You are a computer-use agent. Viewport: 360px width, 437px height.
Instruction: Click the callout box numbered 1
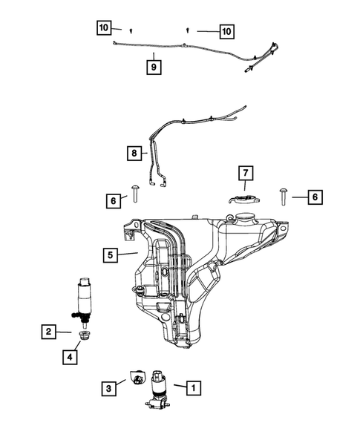[192, 387]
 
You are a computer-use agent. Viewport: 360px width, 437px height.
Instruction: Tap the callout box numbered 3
[109, 387]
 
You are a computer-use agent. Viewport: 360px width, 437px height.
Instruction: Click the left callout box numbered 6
[113, 200]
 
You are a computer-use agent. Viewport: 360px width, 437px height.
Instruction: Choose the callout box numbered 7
[244, 173]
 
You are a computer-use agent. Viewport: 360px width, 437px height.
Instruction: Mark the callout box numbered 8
[134, 154]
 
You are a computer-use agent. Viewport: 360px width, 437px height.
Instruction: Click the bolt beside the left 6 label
[136, 194]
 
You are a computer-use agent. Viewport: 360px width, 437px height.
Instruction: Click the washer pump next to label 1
[157, 390]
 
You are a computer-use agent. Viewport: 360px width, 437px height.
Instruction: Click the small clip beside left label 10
[131, 30]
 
